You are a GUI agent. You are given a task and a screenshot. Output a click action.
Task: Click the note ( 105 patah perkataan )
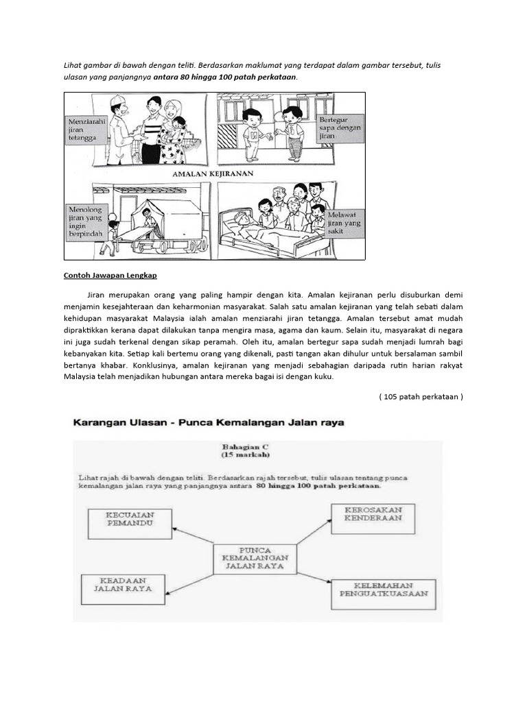421,396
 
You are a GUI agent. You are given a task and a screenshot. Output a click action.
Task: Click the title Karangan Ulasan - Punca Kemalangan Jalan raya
209,423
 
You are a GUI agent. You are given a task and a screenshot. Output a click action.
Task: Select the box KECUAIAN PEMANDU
128,523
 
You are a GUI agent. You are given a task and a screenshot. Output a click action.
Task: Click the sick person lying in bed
250,229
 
